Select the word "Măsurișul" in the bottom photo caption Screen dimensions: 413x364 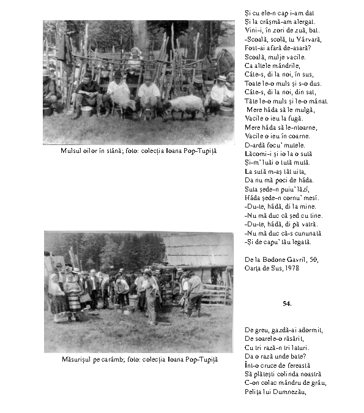coord(76,360)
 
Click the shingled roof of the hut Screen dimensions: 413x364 coord(198,248)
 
